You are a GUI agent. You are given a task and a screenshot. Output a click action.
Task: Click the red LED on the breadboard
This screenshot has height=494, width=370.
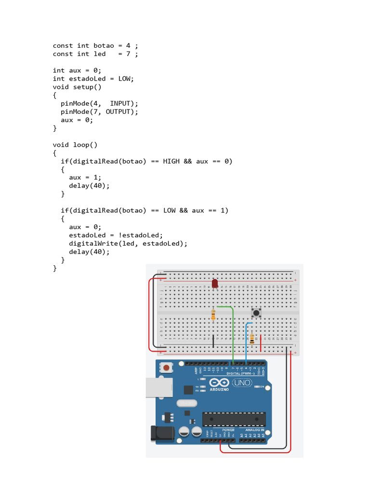pyautogui.click(x=215, y=283)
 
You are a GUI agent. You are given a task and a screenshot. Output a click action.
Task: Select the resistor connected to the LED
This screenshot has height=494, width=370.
pyautogui.click(x=213, y=315)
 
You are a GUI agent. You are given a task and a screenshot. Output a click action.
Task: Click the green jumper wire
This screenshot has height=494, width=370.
pyautogui.click(x=233, y=333)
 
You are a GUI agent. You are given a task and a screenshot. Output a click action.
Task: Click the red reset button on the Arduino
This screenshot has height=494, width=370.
pyautogui.click(x=166, y=368)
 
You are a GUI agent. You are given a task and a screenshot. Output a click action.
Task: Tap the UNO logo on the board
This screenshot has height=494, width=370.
pyautogui.click(x=242, y=383)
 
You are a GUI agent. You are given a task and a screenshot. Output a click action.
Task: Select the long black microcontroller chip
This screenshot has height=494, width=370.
pyautogui.click(x=234, y=420)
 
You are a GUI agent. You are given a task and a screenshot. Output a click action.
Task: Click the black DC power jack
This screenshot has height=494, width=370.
pyautogui.click(x=162, y=433)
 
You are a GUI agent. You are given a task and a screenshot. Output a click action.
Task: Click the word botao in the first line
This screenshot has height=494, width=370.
pyautogui.click(x=104, y=45)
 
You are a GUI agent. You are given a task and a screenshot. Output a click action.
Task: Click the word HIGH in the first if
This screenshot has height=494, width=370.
pyautogui.click(x=171, y=161)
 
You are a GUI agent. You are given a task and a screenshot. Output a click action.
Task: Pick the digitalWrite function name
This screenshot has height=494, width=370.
pyautogui.click(x=92, y=243)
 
